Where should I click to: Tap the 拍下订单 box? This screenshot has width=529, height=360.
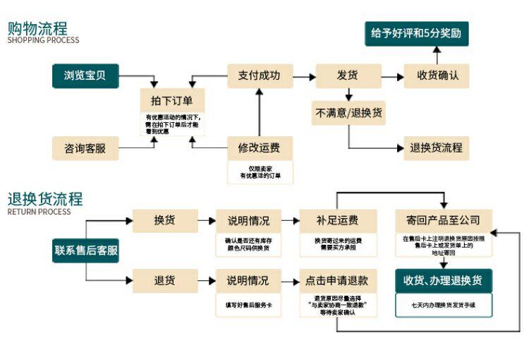[172, 100]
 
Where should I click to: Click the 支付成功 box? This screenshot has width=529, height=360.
[260, 76]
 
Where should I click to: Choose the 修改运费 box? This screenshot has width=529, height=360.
[260, 148]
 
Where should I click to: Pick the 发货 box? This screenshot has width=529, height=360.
[348, 76]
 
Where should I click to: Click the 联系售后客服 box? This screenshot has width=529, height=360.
[86, 250]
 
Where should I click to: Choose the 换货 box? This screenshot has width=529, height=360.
[164, 221]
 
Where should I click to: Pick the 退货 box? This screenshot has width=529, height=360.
[164, 280]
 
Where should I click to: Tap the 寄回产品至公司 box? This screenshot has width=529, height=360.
[443, 221]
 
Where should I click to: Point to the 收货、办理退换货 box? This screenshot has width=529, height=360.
[443, 280]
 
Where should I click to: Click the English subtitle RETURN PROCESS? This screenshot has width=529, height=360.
[39, 211]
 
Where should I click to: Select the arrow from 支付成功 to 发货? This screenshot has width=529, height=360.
[304, 76]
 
